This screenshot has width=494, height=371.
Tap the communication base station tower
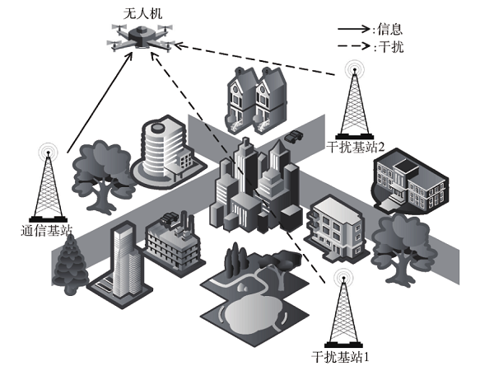coord(47,181)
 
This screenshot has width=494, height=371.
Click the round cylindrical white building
coord(161,147)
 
